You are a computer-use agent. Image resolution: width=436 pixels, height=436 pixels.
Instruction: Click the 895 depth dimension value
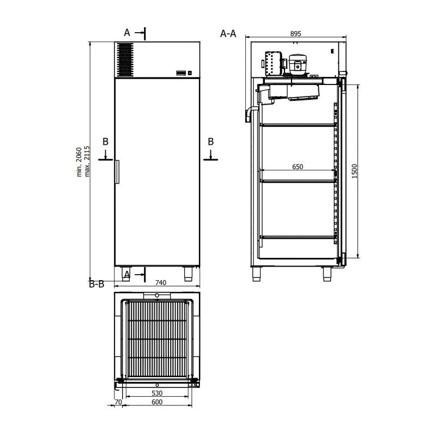(295, 34)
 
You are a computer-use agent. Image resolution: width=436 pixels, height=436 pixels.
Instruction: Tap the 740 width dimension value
(161, 282)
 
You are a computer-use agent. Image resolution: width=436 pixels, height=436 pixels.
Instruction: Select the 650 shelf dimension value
(298, 167)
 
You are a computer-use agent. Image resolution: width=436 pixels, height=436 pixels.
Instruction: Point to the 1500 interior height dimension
(354, 171)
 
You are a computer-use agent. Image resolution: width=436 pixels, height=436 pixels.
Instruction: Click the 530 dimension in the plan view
(157, 393)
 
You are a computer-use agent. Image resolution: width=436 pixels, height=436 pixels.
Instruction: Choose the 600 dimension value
(157, 402)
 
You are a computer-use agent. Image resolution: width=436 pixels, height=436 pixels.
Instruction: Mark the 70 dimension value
(118, 402)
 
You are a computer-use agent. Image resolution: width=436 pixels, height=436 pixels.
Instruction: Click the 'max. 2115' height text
(87, 161)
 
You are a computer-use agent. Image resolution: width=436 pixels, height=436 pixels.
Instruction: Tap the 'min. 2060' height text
(79, 162)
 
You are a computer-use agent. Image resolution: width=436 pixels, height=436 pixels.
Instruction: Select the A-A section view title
(228, 34)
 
